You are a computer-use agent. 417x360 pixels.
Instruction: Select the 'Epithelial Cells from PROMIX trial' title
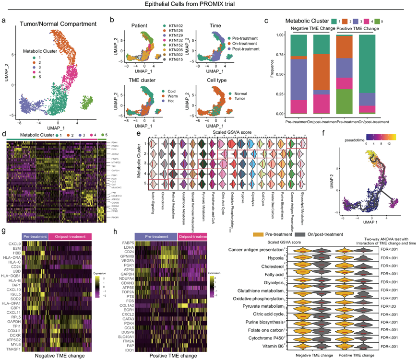(208, 4)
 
